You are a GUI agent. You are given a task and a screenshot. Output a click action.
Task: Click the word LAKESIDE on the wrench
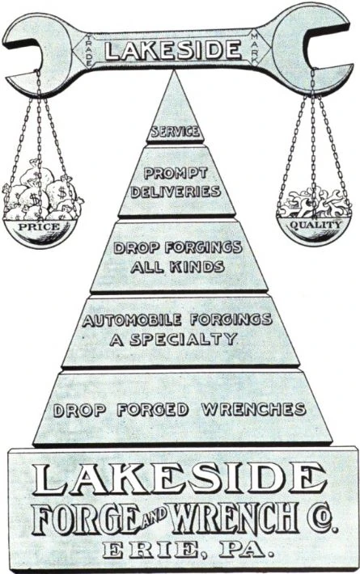point(173,50)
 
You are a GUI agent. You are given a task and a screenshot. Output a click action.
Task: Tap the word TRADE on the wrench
point(89,51)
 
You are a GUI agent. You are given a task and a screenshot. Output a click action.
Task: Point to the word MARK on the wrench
point(255,49)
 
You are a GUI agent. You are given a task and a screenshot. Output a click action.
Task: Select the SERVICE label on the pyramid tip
point(176,131)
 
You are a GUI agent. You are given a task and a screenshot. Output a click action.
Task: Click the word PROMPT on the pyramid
point(176,173)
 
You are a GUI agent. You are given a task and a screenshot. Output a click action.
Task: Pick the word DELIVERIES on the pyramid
point(176,192)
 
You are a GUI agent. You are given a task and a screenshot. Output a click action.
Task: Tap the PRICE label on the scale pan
point(39,226)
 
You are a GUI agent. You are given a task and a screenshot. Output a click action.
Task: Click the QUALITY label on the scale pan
point(316,225)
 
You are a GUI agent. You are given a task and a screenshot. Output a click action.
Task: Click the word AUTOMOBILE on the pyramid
point(132,320)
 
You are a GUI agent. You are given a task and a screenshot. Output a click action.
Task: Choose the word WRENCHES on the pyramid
point(253,409)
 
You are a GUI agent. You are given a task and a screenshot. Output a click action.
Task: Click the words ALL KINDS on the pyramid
point(177,267)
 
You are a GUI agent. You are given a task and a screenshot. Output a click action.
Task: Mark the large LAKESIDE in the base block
point(179,480)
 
